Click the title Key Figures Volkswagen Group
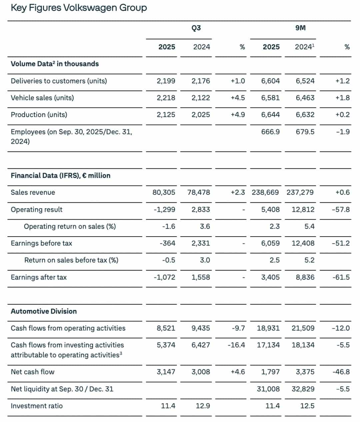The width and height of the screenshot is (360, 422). click(x=79, y=8)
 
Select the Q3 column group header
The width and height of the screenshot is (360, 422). click(x=196, y=28)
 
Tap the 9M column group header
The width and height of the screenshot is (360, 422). click(x=300, y=28)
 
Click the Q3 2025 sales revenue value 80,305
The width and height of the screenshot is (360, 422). click(x=164, y=192)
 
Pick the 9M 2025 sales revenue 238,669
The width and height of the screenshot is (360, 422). click(x=266, y=192)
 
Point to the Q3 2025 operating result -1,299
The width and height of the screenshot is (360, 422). click(x=164, y=209)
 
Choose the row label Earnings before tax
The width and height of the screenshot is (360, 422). click(x=41, y=243)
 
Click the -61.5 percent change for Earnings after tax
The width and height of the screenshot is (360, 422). click(x=341, y=277)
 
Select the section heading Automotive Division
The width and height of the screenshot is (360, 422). click(x=44, y=311)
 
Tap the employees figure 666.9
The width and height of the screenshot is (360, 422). click(x=270, y=132)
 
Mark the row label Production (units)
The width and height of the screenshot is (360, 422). click(x=39, y=115)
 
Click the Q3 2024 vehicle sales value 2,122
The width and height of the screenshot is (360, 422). click(x=201, y=98)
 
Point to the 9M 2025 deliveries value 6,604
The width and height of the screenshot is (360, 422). click(x=270, y=81)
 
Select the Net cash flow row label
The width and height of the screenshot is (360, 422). click(x=32, y=372)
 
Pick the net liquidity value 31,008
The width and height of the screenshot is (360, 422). click(x=268, y=389)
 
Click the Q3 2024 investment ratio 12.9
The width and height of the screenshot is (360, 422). click(x=203, y=406)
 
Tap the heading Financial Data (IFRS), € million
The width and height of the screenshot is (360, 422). click(x=60, y=175)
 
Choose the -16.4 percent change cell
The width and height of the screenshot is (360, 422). click(x=236, y=345)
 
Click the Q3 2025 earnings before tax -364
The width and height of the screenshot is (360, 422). click(x=167, y=243)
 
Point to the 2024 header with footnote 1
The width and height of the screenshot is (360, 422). click(x=304, y=47)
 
